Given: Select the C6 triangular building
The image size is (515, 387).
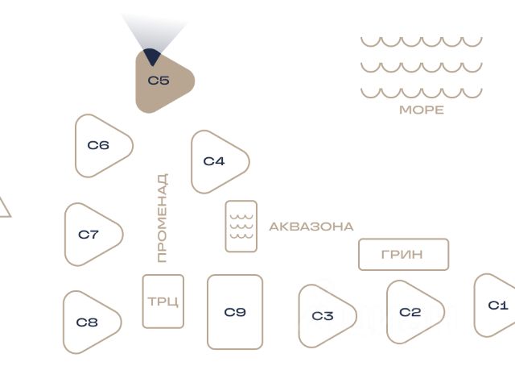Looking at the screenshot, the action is (x=98, y=146).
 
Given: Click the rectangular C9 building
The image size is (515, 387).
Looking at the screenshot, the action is (x=235, y=312).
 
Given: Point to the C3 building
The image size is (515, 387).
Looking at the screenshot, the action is (x=323, y=316).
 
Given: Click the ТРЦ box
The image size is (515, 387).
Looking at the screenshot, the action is (x=163, y=302).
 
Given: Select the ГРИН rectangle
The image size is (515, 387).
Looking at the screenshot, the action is (x=404, y=255).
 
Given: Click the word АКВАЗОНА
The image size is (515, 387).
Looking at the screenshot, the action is (x=311, y=227).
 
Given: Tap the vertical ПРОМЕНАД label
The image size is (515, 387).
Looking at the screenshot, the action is (x=163, y=218).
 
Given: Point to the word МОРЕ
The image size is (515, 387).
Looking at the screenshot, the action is (x=422, y=110).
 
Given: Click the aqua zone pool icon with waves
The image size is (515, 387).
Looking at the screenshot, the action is (x=241, y=227).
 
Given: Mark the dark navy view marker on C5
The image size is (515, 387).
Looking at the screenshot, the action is (x=152, y=56).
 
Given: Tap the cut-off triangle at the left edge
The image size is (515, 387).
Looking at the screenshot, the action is (x=5, y=208).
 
